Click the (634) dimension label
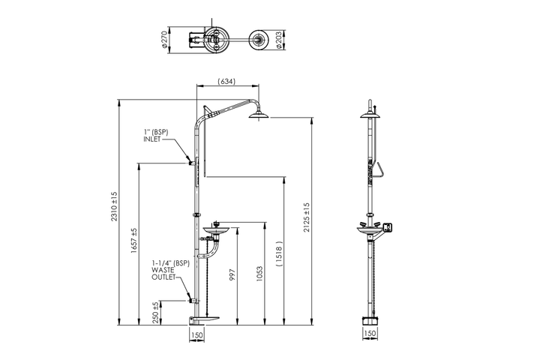[x=226, y=81]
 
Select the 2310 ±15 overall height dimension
[x=114, y=206]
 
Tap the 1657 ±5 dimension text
[x=134, y=241]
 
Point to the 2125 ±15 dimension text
[x=307, y=217]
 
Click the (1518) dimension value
[x=279, y=253]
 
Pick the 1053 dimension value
[x=259, y=274]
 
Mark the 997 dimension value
[x=232, y=274]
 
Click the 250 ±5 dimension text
[x=156, y=313]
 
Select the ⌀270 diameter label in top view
[x=164, y=40]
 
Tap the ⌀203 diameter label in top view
[x=279, y=40]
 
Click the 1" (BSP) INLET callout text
[x=156, y=136]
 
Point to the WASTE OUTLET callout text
[x=163, y=274]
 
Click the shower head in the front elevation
[x=259, y=114]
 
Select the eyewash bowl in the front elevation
[x=216, y=229]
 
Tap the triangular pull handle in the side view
[x=379, y=169]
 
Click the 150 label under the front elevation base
[x=196, y=334]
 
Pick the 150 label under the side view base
[x=370, y=334]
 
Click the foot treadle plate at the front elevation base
[x=205, y=319]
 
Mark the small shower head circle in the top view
[x=258, y=39]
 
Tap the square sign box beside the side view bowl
[x=388, y=227]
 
